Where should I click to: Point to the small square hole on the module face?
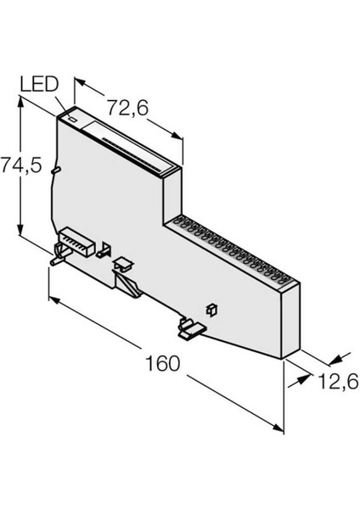click(x=211, y=306)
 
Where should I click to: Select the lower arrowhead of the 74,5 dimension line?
click(x=20, y=232)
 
